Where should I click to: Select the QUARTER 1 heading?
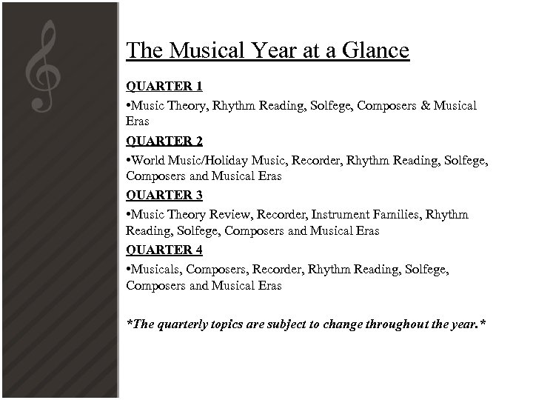pos(164,86)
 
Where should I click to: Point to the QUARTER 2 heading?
pos(164,140)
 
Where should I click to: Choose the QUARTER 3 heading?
pos(164,195)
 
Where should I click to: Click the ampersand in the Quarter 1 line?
pos(424,106)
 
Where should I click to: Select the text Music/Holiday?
pos(211,160)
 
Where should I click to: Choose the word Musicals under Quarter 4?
pos(155,269)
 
